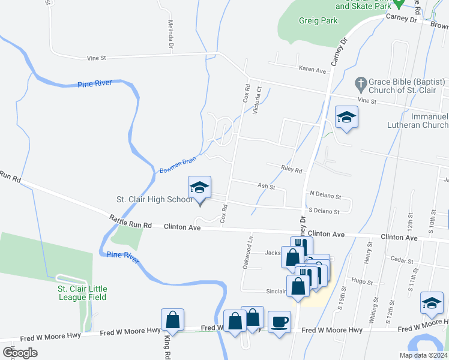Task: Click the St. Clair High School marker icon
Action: pos(199,187)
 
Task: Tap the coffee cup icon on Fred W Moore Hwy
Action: pos(279,321)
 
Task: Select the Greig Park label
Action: pos(318,20)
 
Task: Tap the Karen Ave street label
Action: pos(313,70)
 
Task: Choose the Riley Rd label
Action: pos(292,170)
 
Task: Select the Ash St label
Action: pos(266,187)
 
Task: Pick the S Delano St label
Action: pos(324,211)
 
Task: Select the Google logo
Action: pos(20,353)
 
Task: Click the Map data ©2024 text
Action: pos(423,355)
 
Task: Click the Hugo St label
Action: pos(362,281)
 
